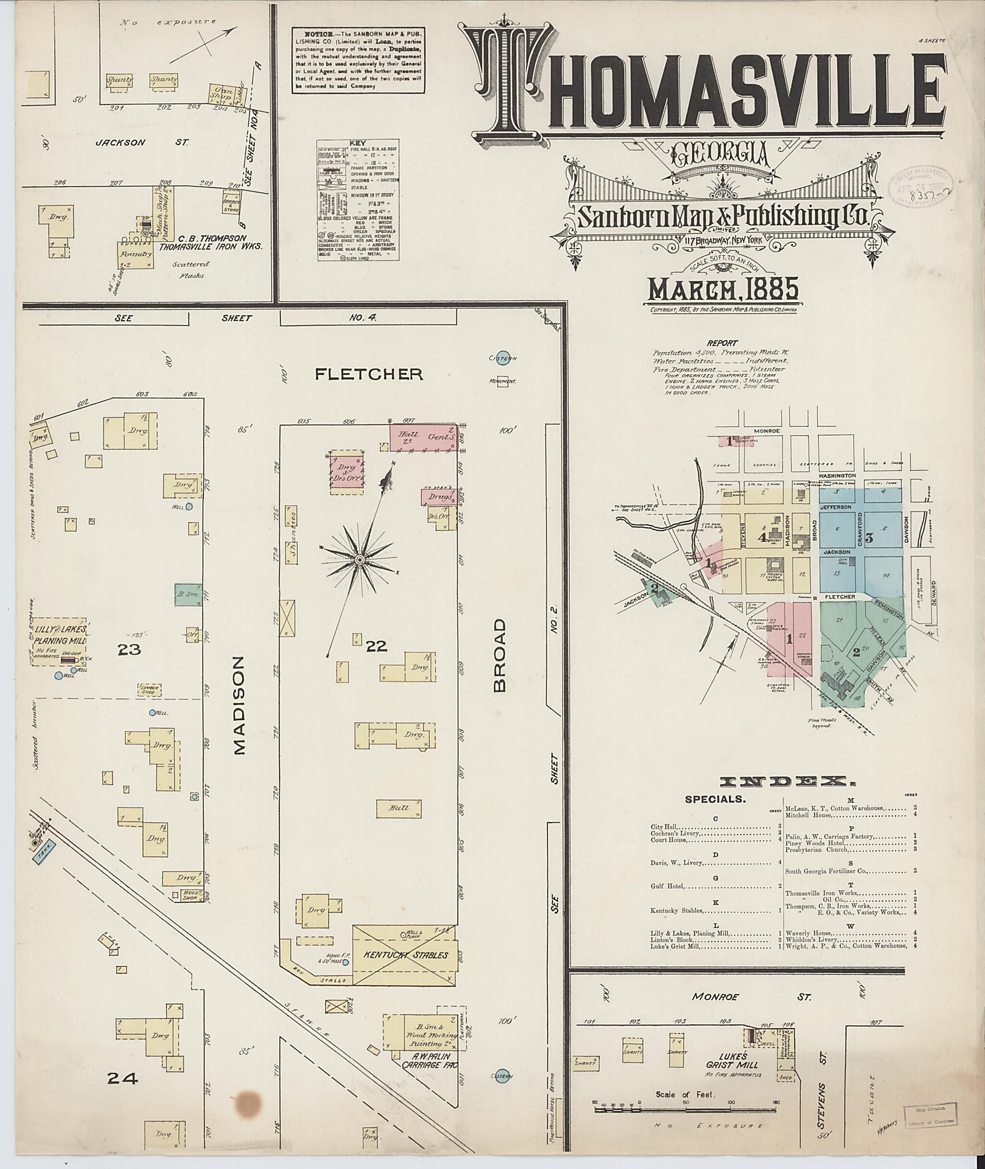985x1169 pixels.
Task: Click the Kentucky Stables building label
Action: [405, 955]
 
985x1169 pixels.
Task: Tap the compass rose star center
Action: [360, 559]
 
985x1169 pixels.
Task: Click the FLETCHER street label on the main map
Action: [368, 374]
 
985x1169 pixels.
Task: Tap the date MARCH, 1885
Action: [723, 290]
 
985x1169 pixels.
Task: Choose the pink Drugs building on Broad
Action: [440, 496]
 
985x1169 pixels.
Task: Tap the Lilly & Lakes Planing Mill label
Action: [59, 635]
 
